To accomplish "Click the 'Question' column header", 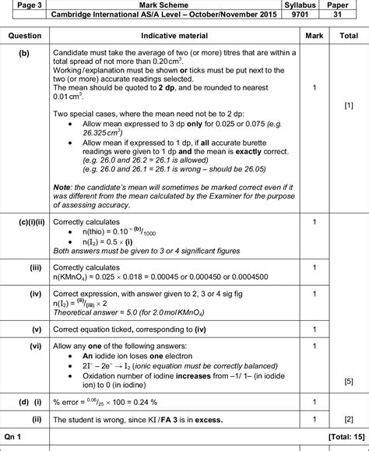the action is click(24, 36).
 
